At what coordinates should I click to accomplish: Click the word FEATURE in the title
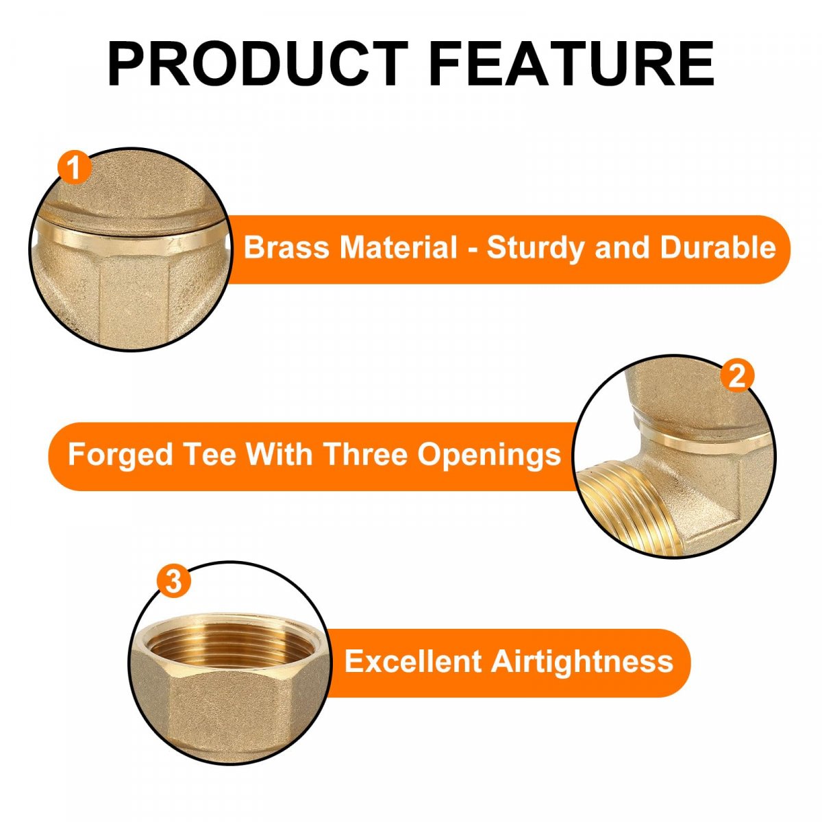571,64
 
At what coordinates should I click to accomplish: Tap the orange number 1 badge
75,167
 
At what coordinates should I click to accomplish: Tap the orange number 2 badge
737,376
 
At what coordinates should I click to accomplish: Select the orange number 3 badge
173,581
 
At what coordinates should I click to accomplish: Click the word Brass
286,247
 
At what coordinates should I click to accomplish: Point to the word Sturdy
536,248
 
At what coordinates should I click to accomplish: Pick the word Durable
718,247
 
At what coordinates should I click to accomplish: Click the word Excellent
413,661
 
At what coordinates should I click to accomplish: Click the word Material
399,247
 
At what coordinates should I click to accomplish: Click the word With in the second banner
279,454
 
